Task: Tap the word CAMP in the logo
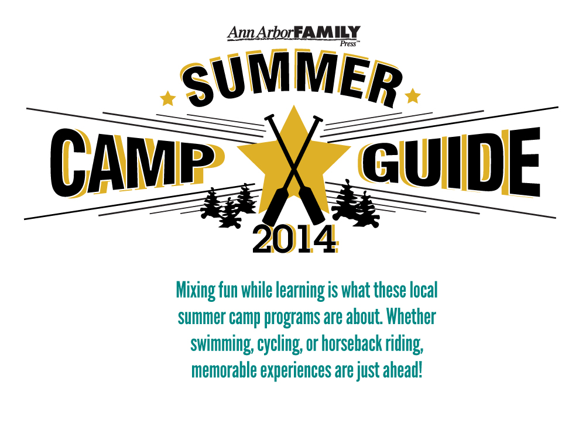tap(133, 163)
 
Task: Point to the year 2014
tap(294, 239)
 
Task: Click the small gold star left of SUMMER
tap(167, 98)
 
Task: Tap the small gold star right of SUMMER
tap(413, 96)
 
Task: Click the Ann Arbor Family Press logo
tap(293, 36)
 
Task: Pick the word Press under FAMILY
tap(348, 43)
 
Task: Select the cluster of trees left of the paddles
tap(228, 205)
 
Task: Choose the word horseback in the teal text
tap(351, 343)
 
